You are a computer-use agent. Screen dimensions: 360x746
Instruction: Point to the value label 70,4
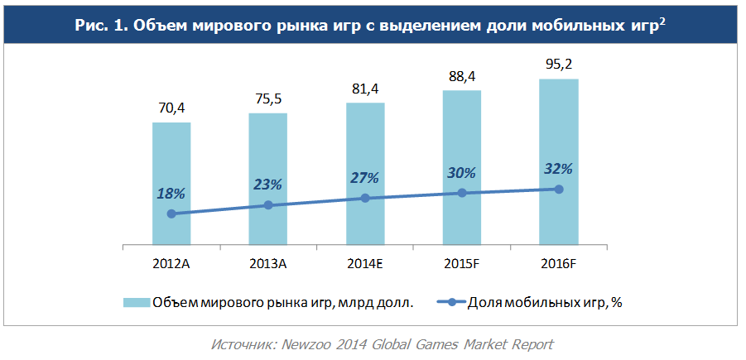click(x=171, y=108)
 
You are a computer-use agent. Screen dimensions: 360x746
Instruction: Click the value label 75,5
click(x=267, y=98)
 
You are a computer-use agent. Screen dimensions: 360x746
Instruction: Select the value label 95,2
click(x=559, y=65)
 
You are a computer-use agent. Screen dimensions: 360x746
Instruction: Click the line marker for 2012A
click(x=171, y=214)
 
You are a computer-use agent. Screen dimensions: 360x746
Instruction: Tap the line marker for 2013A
click(x=268, y=204)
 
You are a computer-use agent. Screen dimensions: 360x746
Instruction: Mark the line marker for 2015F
click(x=462, y=193)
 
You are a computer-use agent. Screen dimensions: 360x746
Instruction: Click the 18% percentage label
click(x=171, y=193)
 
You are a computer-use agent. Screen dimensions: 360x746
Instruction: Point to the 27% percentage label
click(x=364, y=177)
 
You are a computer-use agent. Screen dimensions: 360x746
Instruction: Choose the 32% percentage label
click(x=558, y=168)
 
